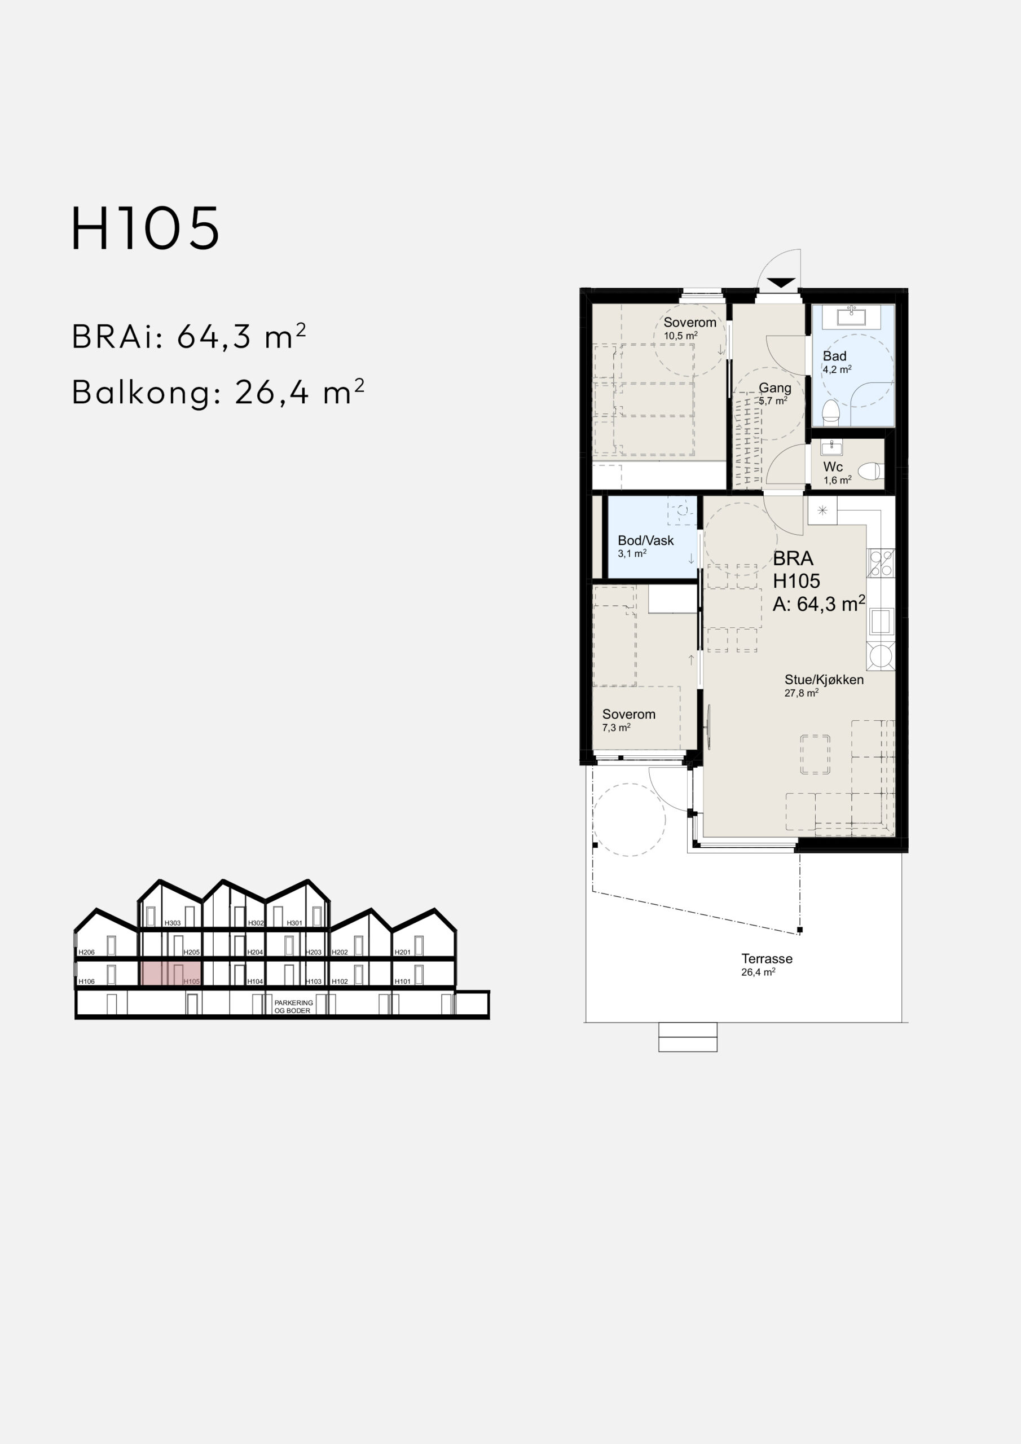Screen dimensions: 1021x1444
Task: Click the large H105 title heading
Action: pos(146,228)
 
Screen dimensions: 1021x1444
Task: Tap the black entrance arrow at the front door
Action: pos(780,283)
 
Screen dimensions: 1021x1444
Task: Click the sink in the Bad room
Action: pos(851,316)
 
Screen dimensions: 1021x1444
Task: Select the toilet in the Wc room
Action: pos(872,470)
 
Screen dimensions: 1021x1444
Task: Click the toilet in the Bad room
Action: pos(831,411)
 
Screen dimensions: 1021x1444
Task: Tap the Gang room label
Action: pos(774,388)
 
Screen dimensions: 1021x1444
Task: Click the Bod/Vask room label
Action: pos(645,540)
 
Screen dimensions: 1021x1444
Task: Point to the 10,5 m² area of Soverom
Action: pos(681,336)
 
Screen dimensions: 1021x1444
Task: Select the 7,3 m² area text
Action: pos(617,728)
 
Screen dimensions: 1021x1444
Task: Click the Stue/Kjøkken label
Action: pos(824,680)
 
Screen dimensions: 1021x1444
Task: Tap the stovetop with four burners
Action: pos(881,563)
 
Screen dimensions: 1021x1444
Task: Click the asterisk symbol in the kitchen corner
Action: pos(822,510)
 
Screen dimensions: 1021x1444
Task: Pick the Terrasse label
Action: pos(767,959)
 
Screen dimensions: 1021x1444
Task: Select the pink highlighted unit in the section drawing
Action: pos(170,974)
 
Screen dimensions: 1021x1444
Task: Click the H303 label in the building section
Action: pos(173,923)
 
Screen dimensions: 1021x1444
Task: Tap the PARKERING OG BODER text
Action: pos(294,1007)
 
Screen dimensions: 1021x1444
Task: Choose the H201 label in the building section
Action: pos(403,952)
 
